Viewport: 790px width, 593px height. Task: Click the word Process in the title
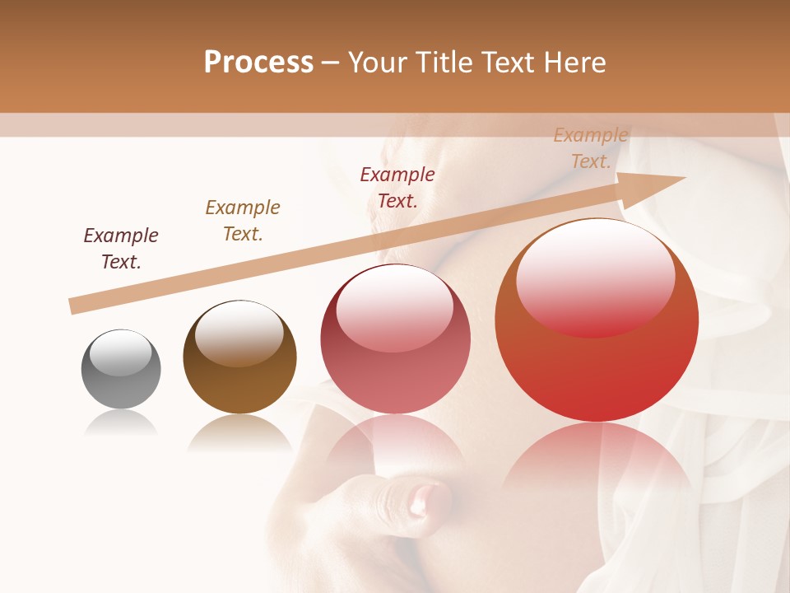tap(258, 63)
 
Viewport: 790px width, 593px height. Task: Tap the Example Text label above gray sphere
tap(121, 249)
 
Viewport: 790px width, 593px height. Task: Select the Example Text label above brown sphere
tap(243, 221)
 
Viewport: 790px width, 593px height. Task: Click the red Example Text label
tap(397, 187)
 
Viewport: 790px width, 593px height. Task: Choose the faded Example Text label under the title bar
tap(591, 148)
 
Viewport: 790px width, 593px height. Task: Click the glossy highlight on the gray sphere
tap(121, 353)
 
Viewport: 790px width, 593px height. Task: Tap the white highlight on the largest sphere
tap(595, 276)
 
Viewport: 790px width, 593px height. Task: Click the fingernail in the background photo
tap(424, 498)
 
